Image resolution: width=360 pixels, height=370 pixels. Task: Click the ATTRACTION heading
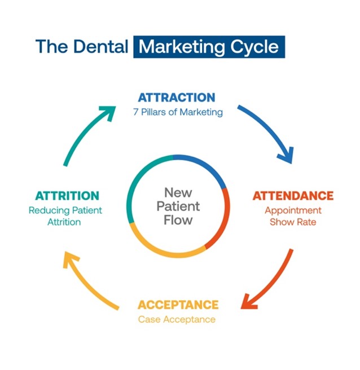(177, 98)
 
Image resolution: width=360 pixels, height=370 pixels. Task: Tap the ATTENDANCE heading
(293, 196)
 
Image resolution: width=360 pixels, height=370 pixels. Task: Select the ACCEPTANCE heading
(178, 305)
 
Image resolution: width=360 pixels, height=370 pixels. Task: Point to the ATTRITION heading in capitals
(67, 196)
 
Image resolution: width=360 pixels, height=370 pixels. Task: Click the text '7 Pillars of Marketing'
(178, 112)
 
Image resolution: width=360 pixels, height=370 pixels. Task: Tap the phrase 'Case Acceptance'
(177, 319)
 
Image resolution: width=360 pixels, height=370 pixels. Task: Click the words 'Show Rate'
(293, 222)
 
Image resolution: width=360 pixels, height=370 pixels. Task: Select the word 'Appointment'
(293, 210)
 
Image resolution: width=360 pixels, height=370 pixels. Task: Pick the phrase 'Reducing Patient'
(65, 210)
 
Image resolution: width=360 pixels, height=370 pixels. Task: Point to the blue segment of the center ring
(205, 165)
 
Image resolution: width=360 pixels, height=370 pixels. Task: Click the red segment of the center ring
(226, 219)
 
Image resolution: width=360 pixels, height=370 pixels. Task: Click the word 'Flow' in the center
(178, 220)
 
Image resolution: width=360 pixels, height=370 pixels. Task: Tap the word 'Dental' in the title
(101, 46)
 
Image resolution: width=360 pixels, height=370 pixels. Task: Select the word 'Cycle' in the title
(254, 47)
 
